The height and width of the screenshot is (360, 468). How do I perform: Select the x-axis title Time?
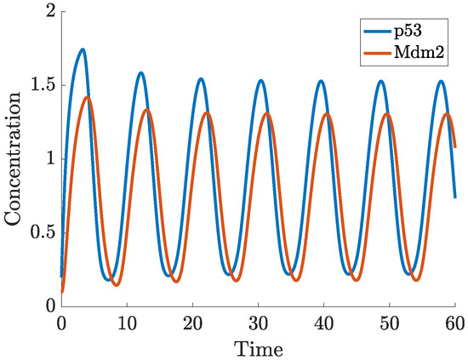coord(259,348)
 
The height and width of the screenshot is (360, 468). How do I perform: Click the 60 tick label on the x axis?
coord(455,323)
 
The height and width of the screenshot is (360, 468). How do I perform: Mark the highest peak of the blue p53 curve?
coord(83,49)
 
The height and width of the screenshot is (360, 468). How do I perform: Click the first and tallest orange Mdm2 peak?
coord(87,97)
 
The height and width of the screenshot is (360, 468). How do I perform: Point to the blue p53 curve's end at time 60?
coord(455,197)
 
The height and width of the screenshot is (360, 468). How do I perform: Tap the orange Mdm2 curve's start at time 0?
coord(62,292)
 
